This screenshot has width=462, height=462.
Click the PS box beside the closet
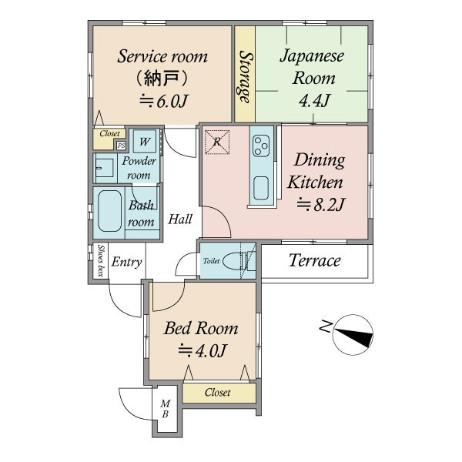click(x=121, y=146)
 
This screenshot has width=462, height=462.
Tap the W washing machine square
click(x=145, y=142)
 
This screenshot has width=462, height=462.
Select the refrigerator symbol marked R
click(x=217, y=142)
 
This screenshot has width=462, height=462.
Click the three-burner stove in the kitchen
click(x=261, y=146)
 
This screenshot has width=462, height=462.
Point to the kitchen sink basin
click(x=261, y=188)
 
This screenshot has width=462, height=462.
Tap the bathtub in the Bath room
click(x=109, y=211)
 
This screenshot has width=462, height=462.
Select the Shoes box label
click(x=101, y=260)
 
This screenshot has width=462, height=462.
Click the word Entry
click(x=126, y=262)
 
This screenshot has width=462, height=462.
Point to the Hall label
click(x=180, y=219)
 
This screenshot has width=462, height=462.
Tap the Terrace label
click(x=314, y=260)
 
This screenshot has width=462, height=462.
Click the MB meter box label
click(x=166, y=409)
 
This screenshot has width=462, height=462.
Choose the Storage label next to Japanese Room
click(x=245, y=77)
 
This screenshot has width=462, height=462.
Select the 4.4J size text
click(x=314, y=101)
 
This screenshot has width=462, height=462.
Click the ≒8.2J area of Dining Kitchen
click(x=320, y=205)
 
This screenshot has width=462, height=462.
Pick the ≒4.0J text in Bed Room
click(x=202, y=350)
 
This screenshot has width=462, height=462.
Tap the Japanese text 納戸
click(x=162, y=79)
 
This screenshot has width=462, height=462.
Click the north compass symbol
click(x=353, y=335)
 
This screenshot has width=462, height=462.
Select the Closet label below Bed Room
click(x=217, y=393)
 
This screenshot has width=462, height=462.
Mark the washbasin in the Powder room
click(x=105, y=168)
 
